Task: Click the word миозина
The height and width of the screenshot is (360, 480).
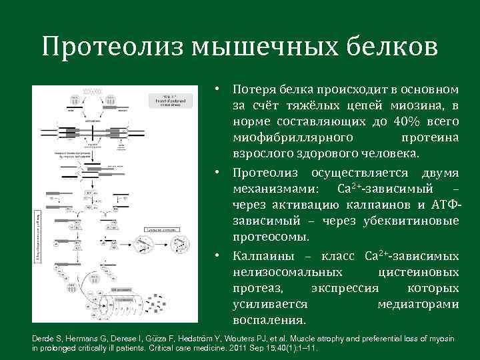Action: pos(419,105)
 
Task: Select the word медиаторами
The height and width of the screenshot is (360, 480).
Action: pos(418,304)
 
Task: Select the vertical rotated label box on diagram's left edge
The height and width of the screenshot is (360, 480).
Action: pos(37,230)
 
